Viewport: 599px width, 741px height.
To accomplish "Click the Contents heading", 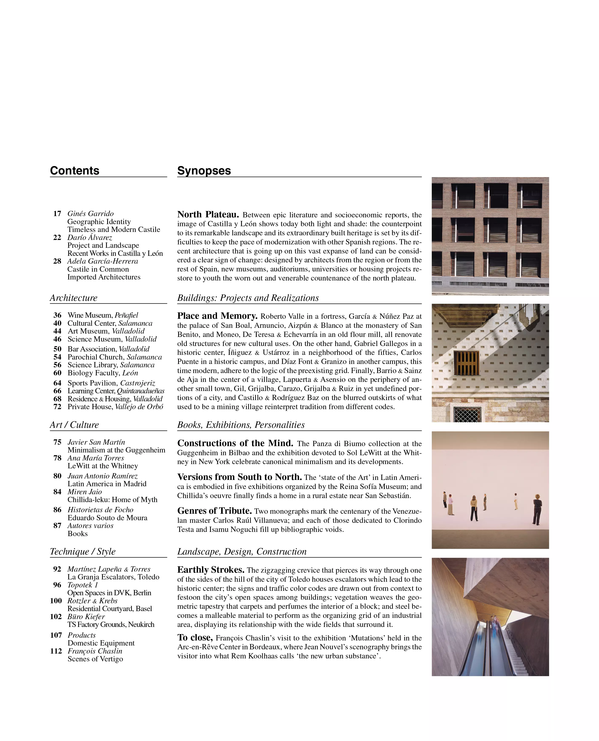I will click(75, 170).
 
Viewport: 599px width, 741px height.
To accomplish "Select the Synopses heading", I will click(204, 170).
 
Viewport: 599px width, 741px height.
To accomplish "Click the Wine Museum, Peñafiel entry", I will click(103, 315).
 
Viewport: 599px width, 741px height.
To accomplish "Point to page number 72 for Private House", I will click(57, 407).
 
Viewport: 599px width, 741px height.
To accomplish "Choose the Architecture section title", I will click(74, 298).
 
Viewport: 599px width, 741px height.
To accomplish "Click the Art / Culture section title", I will click(74, 425).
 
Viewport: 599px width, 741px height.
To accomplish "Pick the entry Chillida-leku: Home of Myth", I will click(112, 500).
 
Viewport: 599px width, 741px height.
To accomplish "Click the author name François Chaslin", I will click(95, 651).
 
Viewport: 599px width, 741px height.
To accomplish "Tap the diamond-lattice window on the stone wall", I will click(467, 414).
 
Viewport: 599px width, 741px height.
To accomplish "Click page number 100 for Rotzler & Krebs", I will click(56, 601).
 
